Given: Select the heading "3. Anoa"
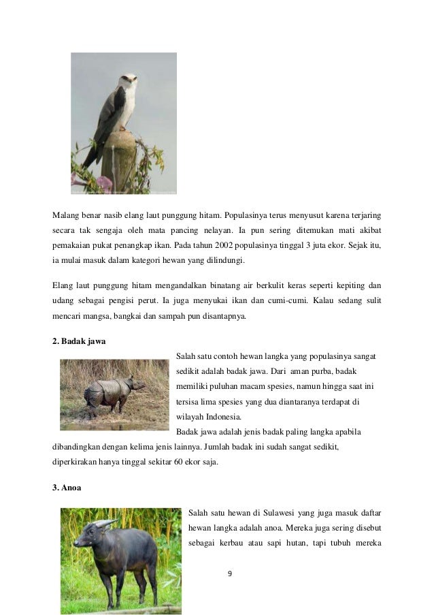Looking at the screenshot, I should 67,488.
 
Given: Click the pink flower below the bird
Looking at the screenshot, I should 104,182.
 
